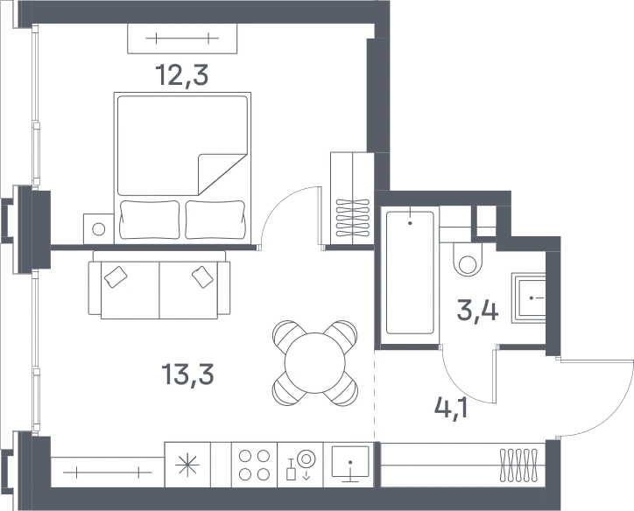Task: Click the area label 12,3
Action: click(182, 75)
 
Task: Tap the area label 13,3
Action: click(187, 374)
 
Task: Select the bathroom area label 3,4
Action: click(477, 310)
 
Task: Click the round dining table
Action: click(315, 362)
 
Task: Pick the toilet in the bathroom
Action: click(468, 259)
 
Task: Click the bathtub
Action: click(410, 273)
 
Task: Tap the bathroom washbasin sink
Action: click(529, 298)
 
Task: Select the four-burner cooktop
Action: click(254, 465)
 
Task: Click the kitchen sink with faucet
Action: click(300, 465)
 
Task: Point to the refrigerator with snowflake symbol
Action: click(187, 465)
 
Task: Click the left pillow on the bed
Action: click(150, 220)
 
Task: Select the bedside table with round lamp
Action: click(99, 229)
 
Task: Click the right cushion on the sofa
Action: click(202, 276)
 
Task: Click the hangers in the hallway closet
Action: click(519, 465)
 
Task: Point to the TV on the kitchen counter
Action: click(350, 464)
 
